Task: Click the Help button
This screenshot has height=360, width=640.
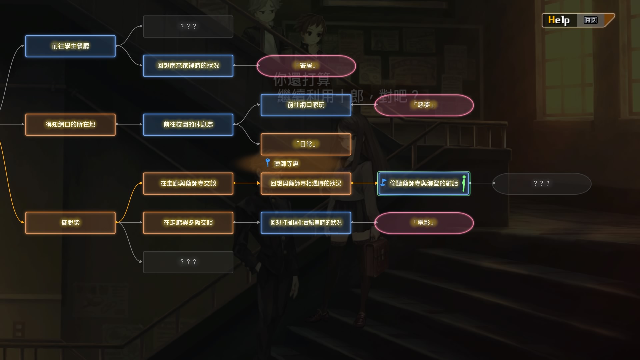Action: click(x=559, y=20)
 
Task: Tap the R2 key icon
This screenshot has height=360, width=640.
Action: click(x=590, y=20)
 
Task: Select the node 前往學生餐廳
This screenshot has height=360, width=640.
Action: click(x=70, y=46)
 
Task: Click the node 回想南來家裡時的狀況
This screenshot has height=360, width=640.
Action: click(x=188, y=66)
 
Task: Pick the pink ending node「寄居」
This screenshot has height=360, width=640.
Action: click(x=306, y=66)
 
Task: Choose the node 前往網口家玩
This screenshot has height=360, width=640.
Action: click(x=306, y=105)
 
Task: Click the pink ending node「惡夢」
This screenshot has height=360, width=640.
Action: click(x=424, y=105)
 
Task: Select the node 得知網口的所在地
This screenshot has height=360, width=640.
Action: click(x=70, y=125)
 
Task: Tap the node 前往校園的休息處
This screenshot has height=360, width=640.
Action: click(x=188, y=125)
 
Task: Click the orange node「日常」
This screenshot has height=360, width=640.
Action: click(x=306, y=144)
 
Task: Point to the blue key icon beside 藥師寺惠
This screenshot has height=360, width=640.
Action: click(x=268, y=163)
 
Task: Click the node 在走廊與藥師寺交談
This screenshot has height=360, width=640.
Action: click(x=188, y=183)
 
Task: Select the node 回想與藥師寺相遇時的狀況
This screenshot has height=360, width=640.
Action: click(x=306, y=183)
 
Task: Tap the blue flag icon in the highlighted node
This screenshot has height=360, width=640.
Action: click(x=384, y=183)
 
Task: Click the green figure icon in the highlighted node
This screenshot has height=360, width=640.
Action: click(x=464, y=183)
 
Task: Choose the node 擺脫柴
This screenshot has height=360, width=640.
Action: click(x=70, y=223)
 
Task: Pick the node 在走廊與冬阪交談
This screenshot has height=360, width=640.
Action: click(x=188, y=223)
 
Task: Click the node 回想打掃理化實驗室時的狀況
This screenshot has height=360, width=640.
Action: click(x=306, y=223)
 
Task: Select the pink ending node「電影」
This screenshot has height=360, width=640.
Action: click(x=424, y=223)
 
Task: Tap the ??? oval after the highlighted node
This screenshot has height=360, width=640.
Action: click(x=541, y=183)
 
